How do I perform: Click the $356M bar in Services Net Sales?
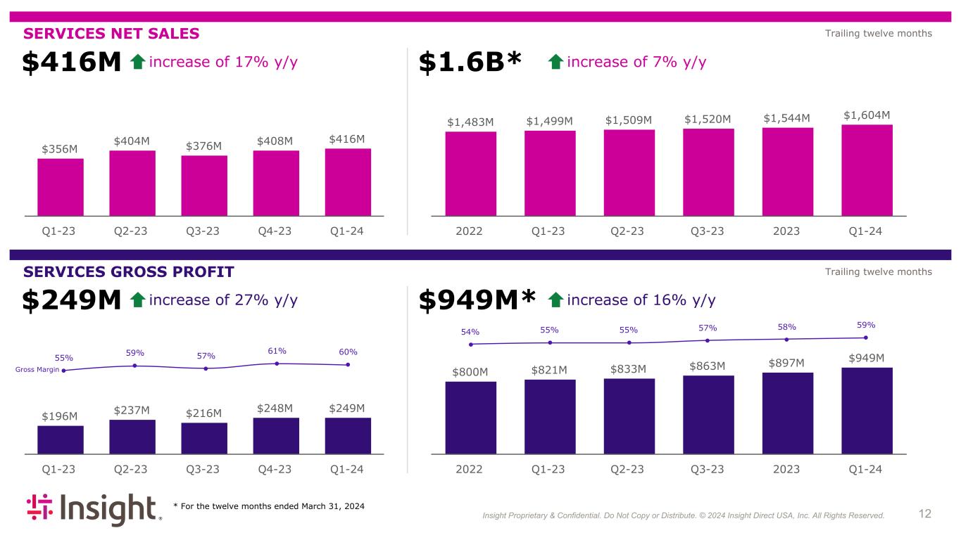tap(61, 187)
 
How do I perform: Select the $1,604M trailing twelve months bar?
tap(867, 170)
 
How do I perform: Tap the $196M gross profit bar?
tap(61, 439)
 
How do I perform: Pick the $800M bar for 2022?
tap(470, 418)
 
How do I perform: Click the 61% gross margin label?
tap(277, 352)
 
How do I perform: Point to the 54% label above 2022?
tap(470, 332)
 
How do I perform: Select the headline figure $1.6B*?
tap(470, 63)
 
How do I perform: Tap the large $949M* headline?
tap(477, 300)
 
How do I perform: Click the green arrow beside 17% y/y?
tap(138, 63)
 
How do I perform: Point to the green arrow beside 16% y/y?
tap(555, 300)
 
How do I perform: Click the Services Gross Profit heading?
tap(128, 272)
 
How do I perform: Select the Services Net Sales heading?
tap(111, 34)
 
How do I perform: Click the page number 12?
tap(924, 514)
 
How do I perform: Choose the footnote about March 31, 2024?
tap(269, 506)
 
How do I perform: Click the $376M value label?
tap(204, 146)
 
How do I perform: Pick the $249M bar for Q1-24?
tap(348, 436)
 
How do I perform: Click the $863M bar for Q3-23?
tap(708, 415)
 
